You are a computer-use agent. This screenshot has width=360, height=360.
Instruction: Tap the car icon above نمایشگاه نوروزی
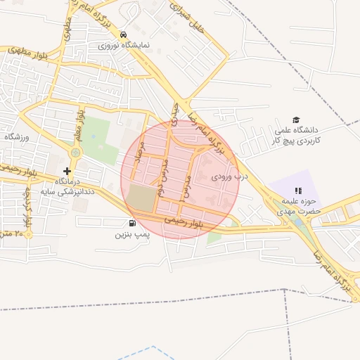point(124,34)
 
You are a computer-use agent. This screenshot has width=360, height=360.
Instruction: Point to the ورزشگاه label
point(15,137)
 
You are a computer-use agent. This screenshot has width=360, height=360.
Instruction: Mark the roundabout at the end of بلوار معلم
point(76,152)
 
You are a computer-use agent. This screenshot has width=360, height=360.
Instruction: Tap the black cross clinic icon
point(67,171)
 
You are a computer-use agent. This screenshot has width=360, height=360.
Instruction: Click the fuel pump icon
point(134,224)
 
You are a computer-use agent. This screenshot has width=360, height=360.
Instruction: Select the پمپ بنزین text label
point(134,233)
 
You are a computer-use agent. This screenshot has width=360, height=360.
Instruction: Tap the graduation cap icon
point(296,120)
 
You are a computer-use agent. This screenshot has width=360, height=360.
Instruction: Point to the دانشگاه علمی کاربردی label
point(297,136)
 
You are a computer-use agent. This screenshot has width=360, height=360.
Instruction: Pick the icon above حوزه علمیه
point(298,191)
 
